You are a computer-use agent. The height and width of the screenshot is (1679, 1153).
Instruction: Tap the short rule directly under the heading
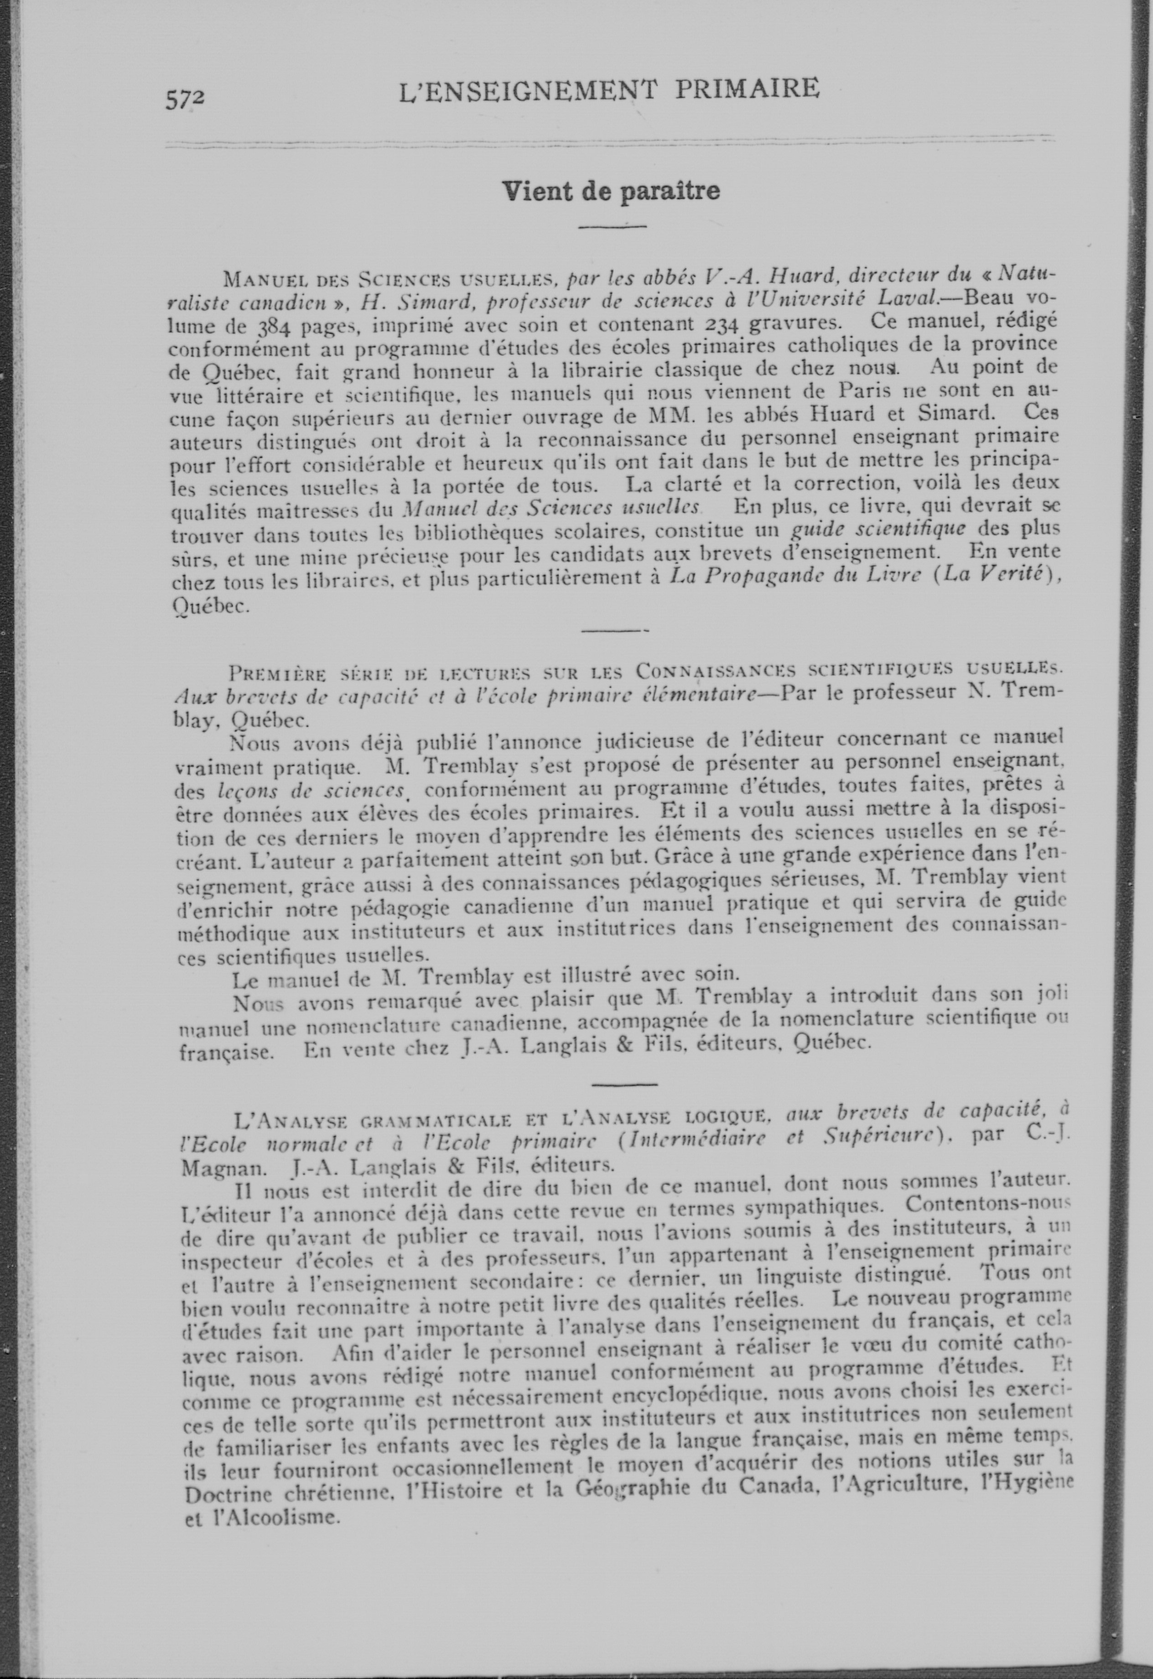tap(612, 228)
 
